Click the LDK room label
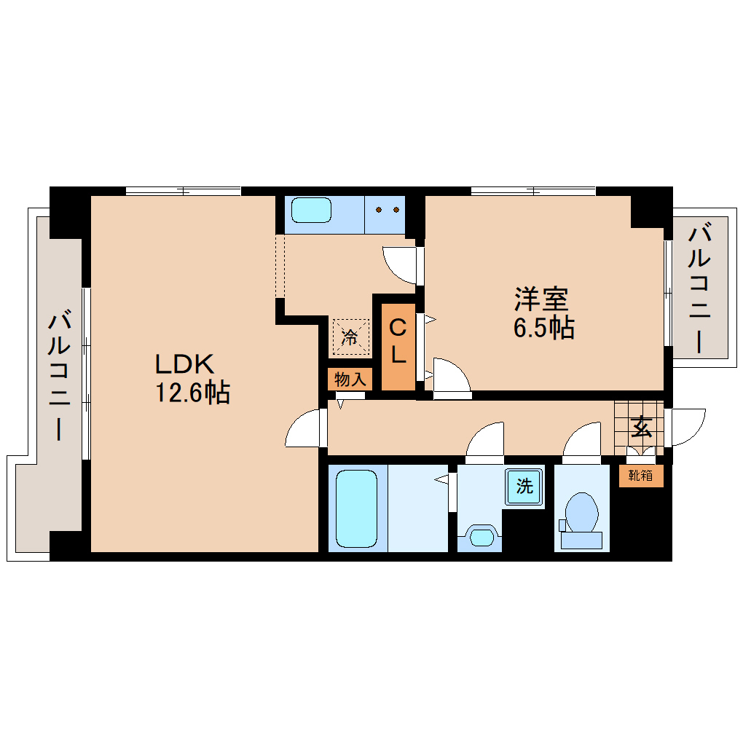(x=184, y=363)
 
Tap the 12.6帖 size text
(x=192, y=393)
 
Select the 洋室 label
(x=541, y=299)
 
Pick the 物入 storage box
(x=349, y=379)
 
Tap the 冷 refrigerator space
(x=350, y=337)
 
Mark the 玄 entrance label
(x=641, y=425)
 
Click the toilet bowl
(x=582, y=513)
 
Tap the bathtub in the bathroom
(x=357, y=508)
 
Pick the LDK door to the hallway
(x=304, y=428)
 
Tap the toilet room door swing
(x=582, y=441)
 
